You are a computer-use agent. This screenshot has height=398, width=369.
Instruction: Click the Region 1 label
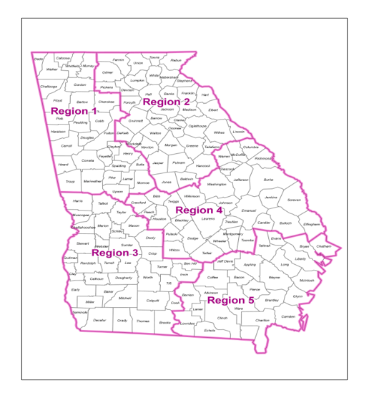(74, 112)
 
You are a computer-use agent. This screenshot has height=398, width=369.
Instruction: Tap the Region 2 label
(166, 102)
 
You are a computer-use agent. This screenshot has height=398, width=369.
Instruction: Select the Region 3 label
(114, 253)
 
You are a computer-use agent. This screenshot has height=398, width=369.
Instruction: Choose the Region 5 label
(230, 300)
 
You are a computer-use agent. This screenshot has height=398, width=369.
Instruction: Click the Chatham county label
(324, 246)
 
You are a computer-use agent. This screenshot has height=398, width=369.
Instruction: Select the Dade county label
(39, 59)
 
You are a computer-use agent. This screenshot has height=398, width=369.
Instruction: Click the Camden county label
(288, 316)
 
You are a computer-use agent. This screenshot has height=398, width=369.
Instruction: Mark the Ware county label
(238, 308)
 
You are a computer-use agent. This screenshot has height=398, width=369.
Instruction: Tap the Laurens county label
(208, 219)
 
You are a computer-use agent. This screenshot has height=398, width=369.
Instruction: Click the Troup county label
(69, 182)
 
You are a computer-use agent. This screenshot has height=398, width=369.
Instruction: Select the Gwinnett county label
(135, 121)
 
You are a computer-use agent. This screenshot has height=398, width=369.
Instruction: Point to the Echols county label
(210, 330)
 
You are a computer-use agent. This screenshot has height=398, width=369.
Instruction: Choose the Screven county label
(293, 200)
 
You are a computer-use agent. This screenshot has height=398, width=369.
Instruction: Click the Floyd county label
(58, 101)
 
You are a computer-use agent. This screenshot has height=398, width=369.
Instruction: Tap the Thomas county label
(143, 321)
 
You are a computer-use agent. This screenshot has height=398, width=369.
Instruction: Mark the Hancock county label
(204, 165)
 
